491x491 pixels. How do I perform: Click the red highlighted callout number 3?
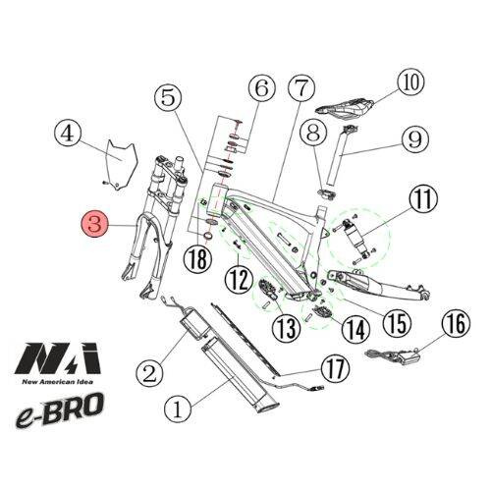pyautogui.click(x=95, y=224)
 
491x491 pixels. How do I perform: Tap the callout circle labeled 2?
pyautogui.click(x=149, y=371)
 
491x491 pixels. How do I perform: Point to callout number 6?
pyautogui.click(x=261, y=89)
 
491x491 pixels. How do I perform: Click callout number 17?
pyautogui.click(x=334, y=370)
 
